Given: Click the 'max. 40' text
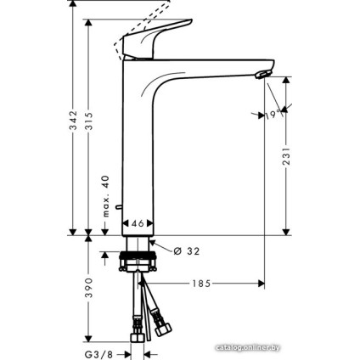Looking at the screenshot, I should [x=107, y=195].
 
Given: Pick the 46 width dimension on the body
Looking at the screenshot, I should [x=138, y=222].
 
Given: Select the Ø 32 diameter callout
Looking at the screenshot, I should [x=188, y=251].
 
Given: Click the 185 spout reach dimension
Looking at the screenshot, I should [x=201, y=282].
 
